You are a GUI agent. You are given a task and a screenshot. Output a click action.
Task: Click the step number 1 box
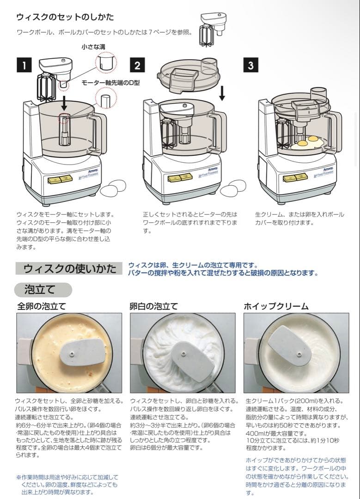click(24, 65)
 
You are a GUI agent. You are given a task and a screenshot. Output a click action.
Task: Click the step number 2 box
click(137, 65)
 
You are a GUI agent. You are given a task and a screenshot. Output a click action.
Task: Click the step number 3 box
click(250, 65)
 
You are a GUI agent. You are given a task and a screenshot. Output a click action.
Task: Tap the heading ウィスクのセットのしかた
click(65, 17)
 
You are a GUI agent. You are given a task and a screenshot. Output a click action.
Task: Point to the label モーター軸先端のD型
click(110, 83)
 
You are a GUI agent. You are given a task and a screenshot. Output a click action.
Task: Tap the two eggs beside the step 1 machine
click(113, 187)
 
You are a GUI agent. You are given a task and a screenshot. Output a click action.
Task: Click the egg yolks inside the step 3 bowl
click(308, 140)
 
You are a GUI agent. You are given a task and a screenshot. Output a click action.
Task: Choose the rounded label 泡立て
click(43, 290)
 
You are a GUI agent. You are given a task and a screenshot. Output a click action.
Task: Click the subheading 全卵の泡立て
click(42, 306)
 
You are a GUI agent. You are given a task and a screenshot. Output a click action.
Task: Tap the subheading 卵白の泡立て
click(154, 306)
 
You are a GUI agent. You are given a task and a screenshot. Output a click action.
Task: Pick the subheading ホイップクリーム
click(276, 306)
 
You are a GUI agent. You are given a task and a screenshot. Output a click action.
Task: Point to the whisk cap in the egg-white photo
click(192, 361)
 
